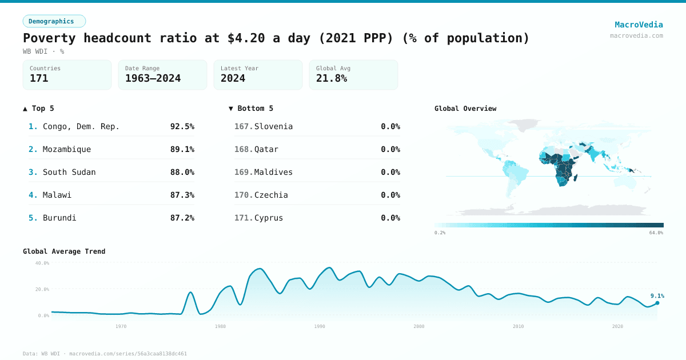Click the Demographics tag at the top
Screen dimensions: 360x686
click(x=54, y=21)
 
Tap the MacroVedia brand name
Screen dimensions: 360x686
click(x=639, y=25)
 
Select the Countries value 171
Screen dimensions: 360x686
click(x=39, y=78)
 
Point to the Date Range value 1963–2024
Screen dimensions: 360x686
click(x=153, y=78)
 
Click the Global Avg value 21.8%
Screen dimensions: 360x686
click(x=332, y=78)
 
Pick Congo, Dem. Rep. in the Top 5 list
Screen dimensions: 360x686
click(x=81, y=126)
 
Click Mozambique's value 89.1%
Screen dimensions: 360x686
click(x=182, y=149)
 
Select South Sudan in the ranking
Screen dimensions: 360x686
click(x=69, y=172)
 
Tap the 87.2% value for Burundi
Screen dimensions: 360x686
click(x=182, y=218)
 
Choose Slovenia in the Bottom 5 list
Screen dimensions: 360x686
click(x=273, y=126)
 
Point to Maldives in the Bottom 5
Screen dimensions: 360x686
click(x=273, y=172)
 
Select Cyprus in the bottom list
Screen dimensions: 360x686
click(x=269, y=218)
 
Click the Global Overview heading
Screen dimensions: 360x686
click(x=465, y=109)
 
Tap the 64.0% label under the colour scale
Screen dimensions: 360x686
click(x=656, y=233)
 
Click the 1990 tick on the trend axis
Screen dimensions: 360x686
click(x=320, y=326)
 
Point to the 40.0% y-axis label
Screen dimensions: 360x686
click(x=42, y=263)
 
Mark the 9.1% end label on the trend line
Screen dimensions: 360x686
click(x=657, y=296)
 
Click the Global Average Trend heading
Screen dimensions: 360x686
click(x=64, y=251)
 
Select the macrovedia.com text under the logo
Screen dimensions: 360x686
click(x=636, y=35)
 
